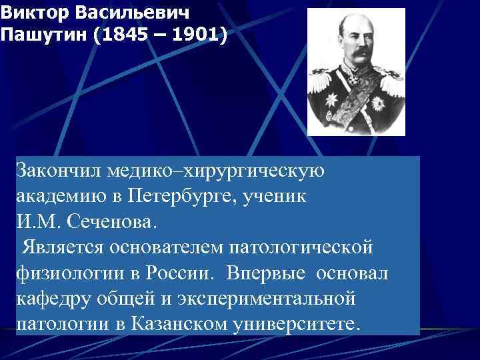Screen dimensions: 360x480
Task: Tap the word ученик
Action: (274, 197)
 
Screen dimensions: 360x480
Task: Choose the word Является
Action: (60, 249)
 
